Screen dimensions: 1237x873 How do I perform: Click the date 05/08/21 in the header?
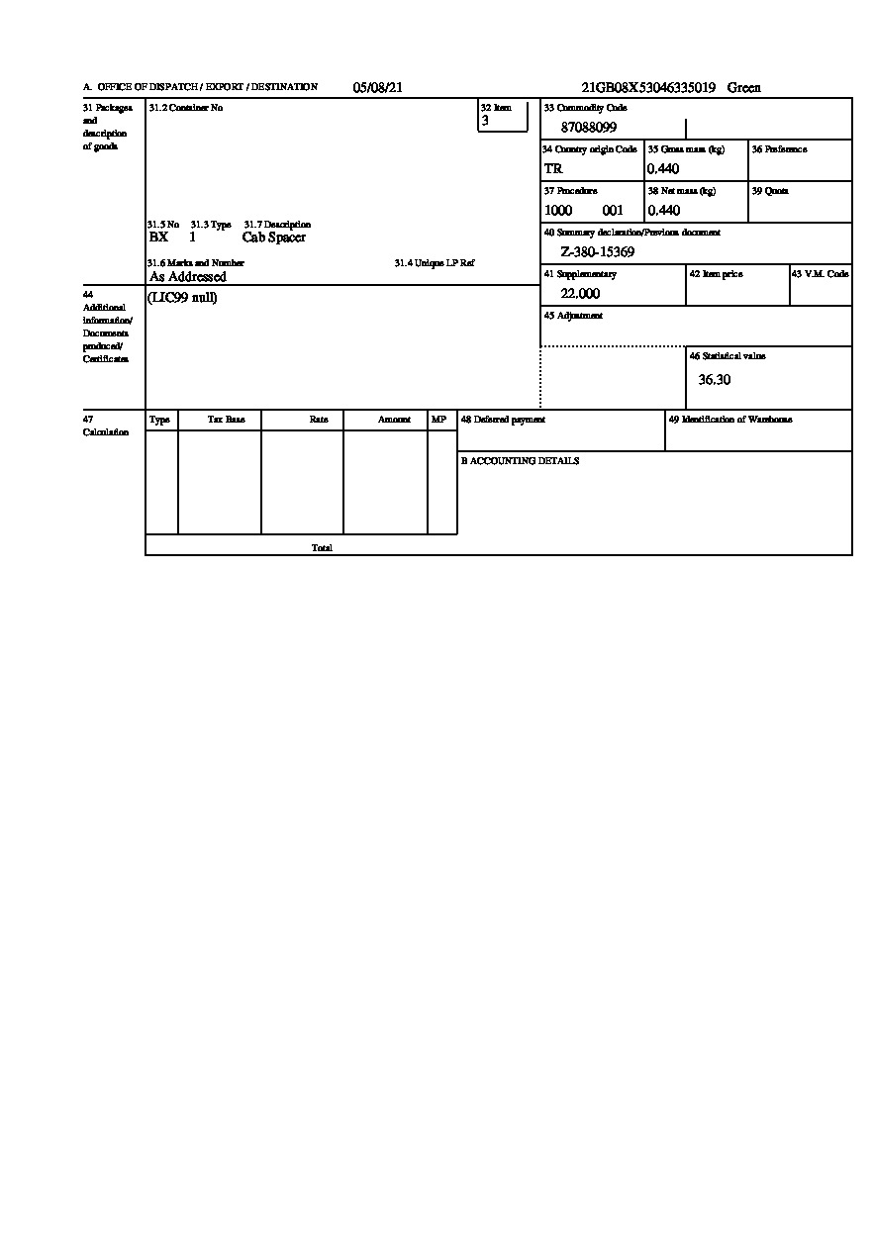point(377,87)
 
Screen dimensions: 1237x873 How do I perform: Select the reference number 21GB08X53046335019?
point(647,87)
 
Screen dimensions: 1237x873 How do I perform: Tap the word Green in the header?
point(744,87)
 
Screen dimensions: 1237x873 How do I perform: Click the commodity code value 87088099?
point(588,127)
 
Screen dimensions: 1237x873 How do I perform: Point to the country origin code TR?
point(553,168)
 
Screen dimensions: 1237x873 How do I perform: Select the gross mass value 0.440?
point(663,168)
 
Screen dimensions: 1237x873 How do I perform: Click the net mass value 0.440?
point(663,210)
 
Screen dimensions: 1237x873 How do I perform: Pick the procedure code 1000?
point(558,210)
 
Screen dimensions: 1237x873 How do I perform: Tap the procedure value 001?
point(613,210)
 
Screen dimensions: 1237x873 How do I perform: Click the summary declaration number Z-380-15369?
point(597,251)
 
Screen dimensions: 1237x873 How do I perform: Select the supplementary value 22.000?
point(580,293)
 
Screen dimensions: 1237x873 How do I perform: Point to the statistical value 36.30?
point(715,379)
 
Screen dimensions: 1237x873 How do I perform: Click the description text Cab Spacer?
point(274,238)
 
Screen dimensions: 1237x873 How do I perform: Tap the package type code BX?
point(158,238)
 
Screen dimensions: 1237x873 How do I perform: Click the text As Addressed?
point(188,277)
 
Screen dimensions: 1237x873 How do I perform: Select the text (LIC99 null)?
point(182,297)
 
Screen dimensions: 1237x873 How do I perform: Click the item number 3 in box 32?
point(485,120)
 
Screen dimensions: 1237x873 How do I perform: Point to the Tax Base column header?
point(226,420)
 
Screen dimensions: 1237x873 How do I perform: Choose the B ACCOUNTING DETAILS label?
point(520,461)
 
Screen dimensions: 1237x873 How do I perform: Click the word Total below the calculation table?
point(322,547)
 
